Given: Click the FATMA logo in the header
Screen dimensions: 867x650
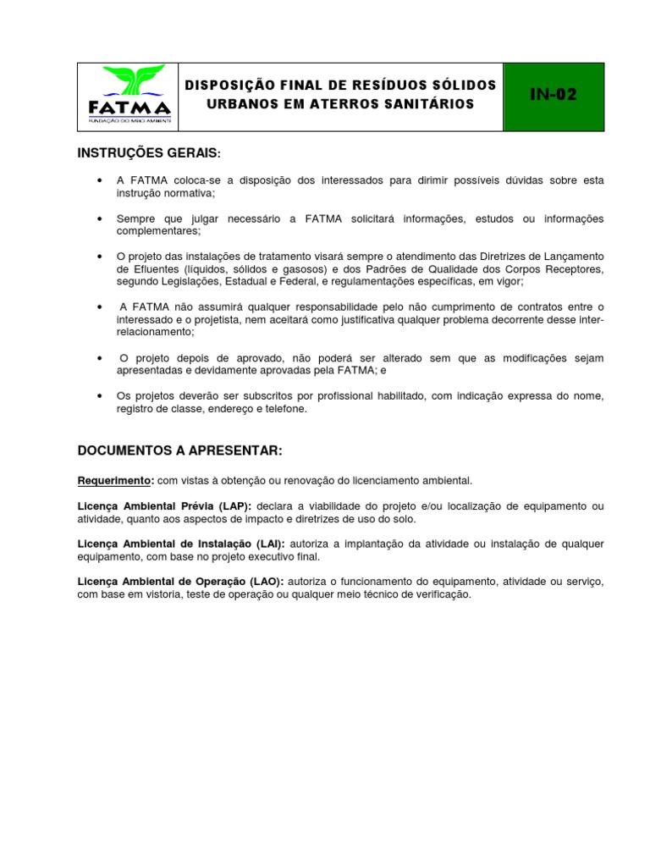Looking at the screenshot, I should (129, 96).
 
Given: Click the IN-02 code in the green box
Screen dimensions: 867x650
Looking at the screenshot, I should (554, 95).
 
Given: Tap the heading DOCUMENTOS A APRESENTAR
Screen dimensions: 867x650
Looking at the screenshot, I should (179, 449).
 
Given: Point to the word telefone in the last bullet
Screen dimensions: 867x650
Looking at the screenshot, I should (287, 409).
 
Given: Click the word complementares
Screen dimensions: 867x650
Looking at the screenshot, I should (157, 231).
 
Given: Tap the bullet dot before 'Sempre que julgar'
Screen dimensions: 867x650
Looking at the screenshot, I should (101, 219).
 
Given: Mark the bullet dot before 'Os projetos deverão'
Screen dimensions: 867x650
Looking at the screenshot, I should (101, 396).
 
